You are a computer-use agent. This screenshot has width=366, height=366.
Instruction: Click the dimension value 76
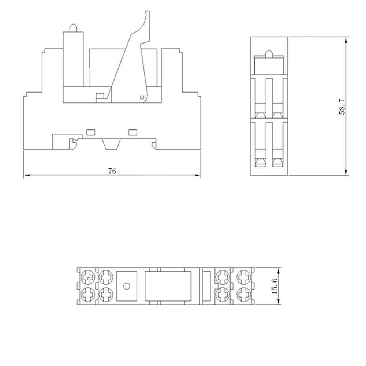(112, 171)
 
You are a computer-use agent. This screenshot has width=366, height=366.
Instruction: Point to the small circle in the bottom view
(127, 286)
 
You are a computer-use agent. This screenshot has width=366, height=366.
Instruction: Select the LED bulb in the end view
(269, 53)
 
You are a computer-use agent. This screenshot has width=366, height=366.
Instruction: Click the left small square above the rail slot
(89, 131)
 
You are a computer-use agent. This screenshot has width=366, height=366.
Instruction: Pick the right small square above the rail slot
(131, 131)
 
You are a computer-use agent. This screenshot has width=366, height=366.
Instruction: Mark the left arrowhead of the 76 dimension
(26, 176)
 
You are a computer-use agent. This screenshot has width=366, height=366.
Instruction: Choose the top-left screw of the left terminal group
(88, 277)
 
